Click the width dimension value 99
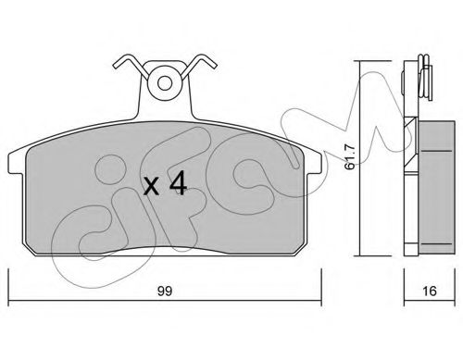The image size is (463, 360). coord(165,291)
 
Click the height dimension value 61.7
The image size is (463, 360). coord(350,157)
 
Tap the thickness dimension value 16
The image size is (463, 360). coord(430,291)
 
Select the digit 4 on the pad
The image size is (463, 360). coord(178,183)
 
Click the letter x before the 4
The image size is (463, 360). coord(152,187)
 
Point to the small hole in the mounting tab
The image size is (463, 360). coord(165,82)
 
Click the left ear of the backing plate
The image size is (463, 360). coord(16,163)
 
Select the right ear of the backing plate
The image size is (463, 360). coord(315,163)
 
